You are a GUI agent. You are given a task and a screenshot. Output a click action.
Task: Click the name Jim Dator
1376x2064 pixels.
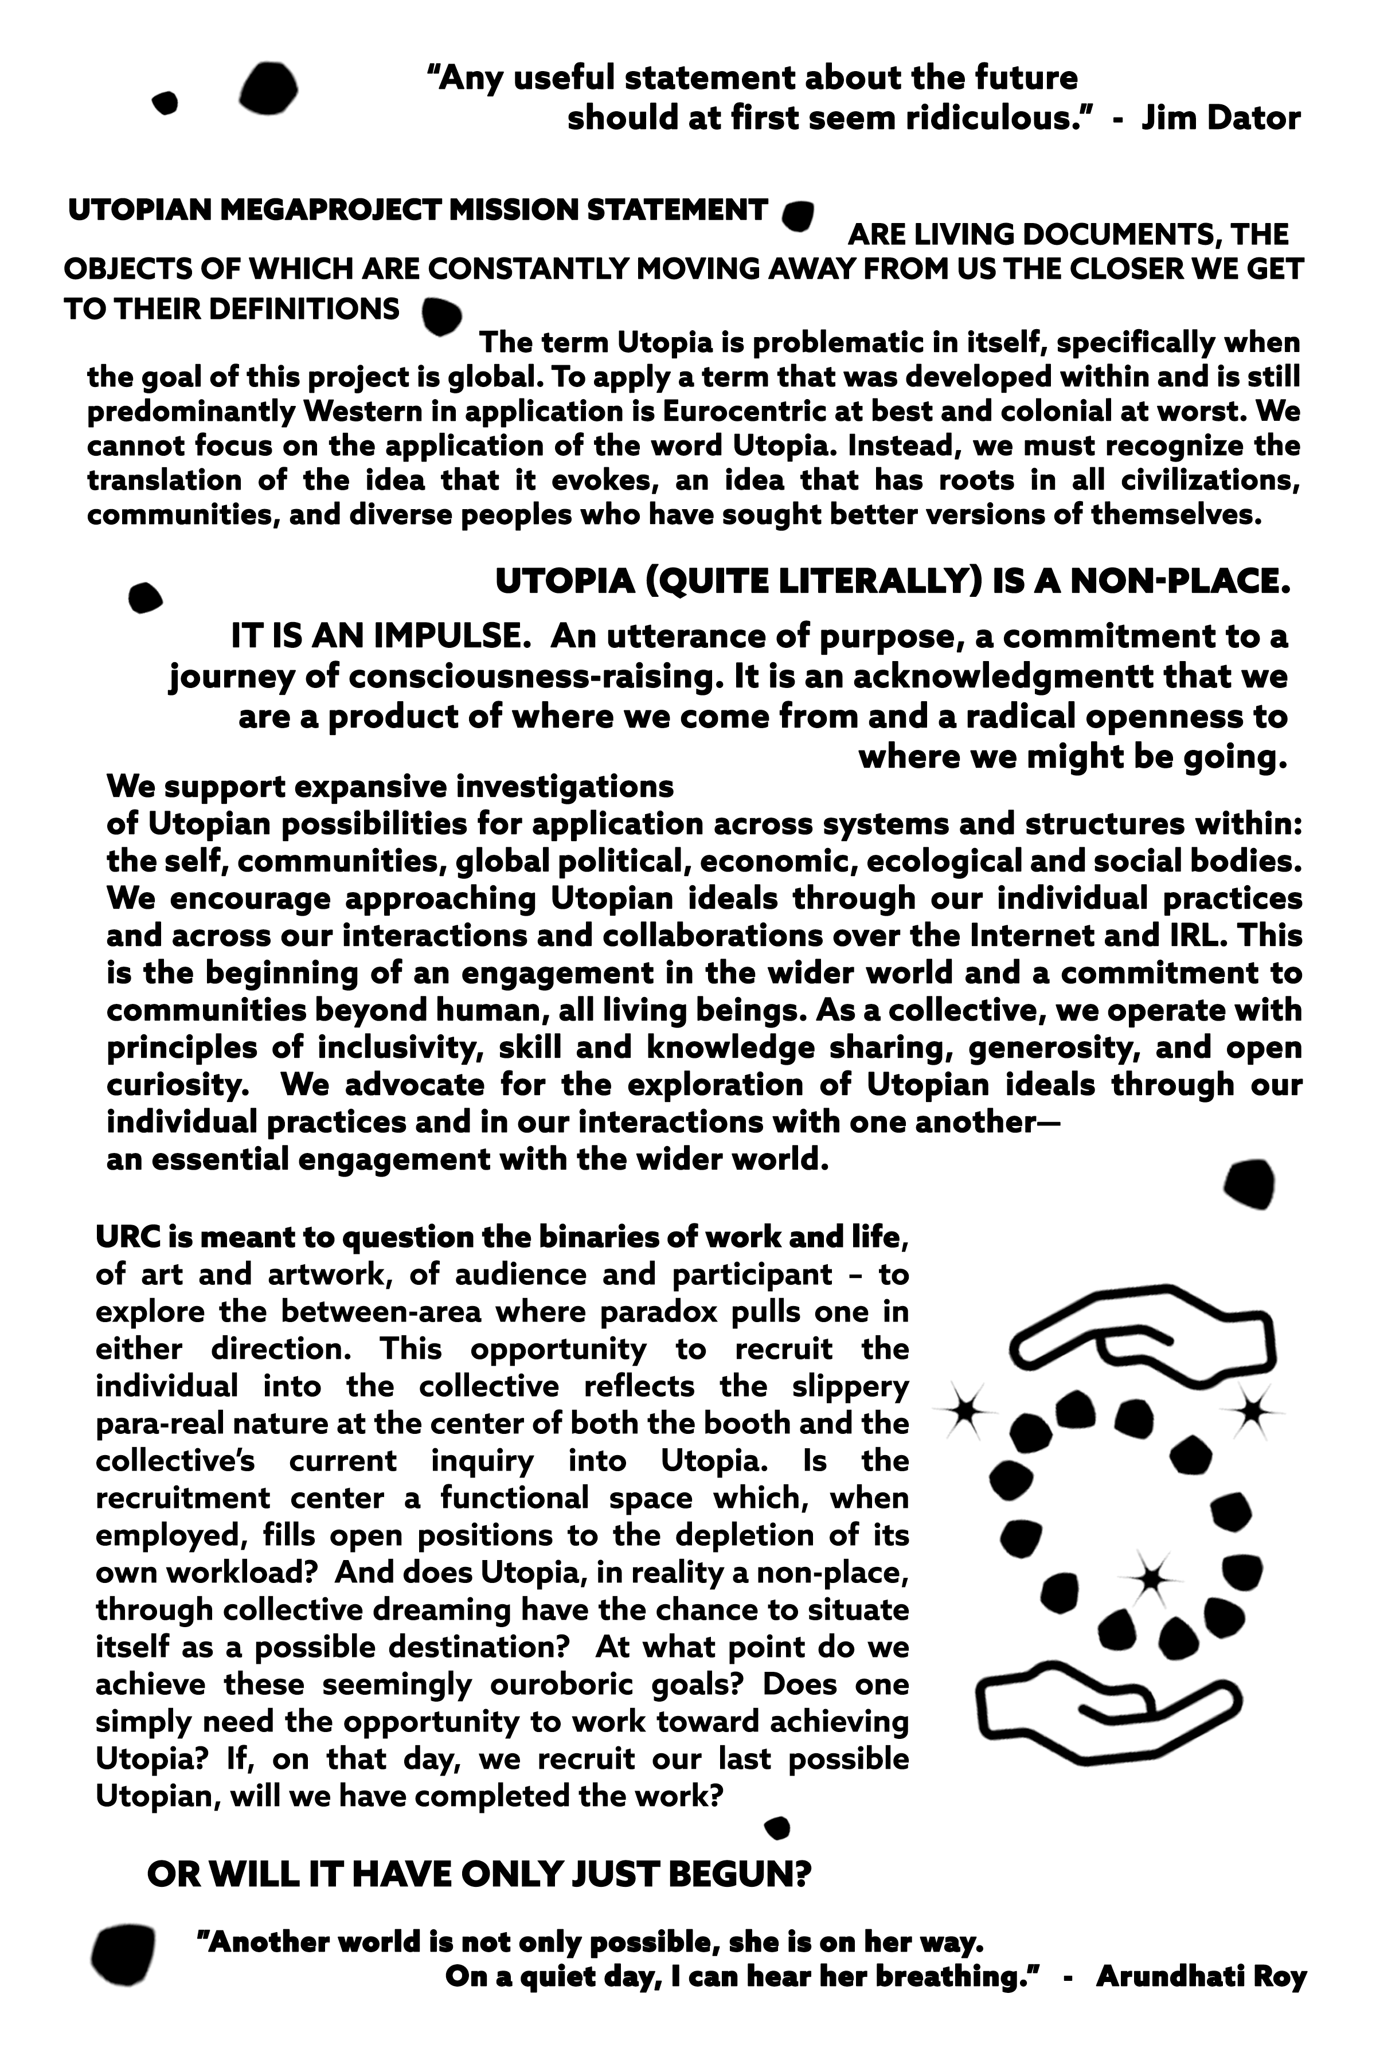(x=1220, y=118)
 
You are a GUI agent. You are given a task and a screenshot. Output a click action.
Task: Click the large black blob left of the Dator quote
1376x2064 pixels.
(x=268, y=89)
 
